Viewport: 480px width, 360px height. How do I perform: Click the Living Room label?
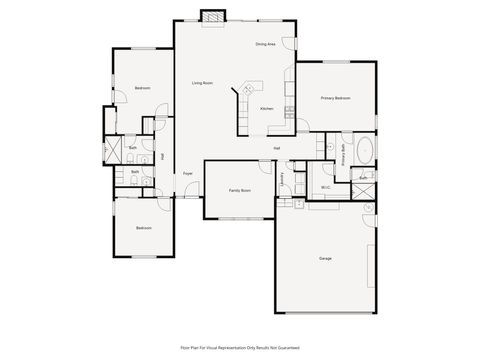pos(202,83)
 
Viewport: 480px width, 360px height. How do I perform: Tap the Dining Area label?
pos(265,44)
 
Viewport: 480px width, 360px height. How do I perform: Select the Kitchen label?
pos(267,108)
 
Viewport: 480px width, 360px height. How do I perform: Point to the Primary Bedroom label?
pos(335,98)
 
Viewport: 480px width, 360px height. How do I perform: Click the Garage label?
pos(325,259)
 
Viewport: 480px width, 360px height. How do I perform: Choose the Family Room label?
pos(239,190)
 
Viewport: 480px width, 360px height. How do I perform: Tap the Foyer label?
pos(187,174)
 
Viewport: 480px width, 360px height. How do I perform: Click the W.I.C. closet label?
pos(326,187)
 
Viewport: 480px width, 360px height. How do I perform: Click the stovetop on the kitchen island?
pos(246,89)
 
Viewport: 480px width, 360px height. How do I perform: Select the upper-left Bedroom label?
pos(142,88)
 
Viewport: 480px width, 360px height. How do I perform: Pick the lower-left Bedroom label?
pos(144,228)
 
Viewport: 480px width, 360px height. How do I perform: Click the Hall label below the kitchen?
pos(276,149)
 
